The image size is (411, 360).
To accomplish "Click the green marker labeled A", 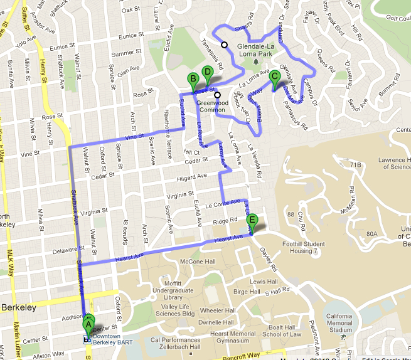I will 88,324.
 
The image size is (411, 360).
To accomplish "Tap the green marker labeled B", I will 193,79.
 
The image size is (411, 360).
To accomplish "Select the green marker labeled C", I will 274,78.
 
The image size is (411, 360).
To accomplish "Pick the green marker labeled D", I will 207,73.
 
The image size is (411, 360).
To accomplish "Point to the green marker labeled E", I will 252,220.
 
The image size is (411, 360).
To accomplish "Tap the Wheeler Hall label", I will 218,310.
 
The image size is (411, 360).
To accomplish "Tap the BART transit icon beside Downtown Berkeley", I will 87,339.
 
